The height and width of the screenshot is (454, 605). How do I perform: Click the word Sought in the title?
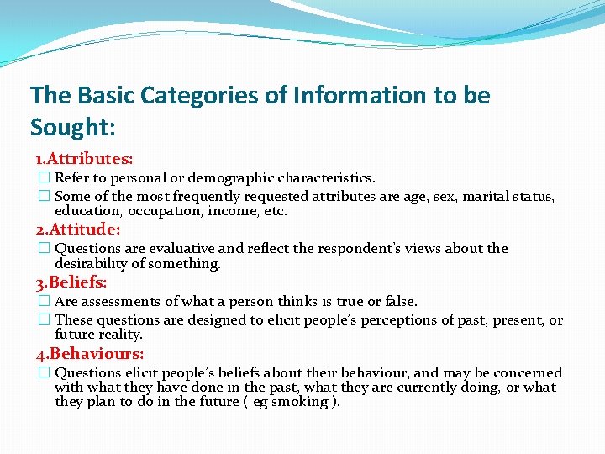(x=70, y=127)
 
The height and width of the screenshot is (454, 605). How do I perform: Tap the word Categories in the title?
(x=202, y=96)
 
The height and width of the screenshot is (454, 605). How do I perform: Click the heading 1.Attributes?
(x=84, y=158)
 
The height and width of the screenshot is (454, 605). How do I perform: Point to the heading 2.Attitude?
(x=77, y=229)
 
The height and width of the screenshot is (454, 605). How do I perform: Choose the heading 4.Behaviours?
(x=89, y=354)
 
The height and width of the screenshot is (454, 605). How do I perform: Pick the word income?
(x=233, y=211)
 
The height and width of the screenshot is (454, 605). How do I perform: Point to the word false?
(x=400, y=301)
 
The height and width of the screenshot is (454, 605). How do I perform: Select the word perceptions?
(x=395, y=320)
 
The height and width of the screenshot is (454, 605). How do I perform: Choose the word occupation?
(x=166, y=211)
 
